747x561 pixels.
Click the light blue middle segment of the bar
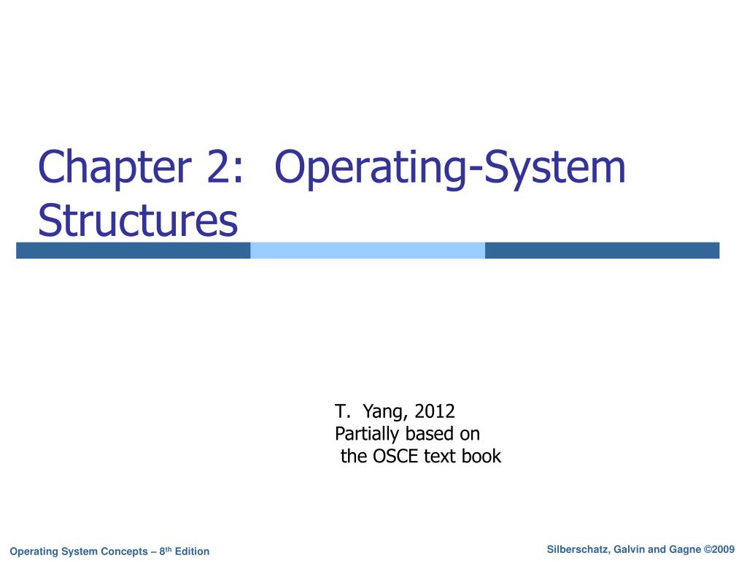tap(368, 251)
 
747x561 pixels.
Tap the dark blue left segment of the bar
tap(133, 251)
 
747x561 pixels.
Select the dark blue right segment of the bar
tap(602, 251)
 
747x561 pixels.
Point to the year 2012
tap(434, 411)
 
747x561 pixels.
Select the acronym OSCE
tap(395, 457)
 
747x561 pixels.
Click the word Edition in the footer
tap(192, 552)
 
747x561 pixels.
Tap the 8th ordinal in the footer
tap(165, 551)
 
